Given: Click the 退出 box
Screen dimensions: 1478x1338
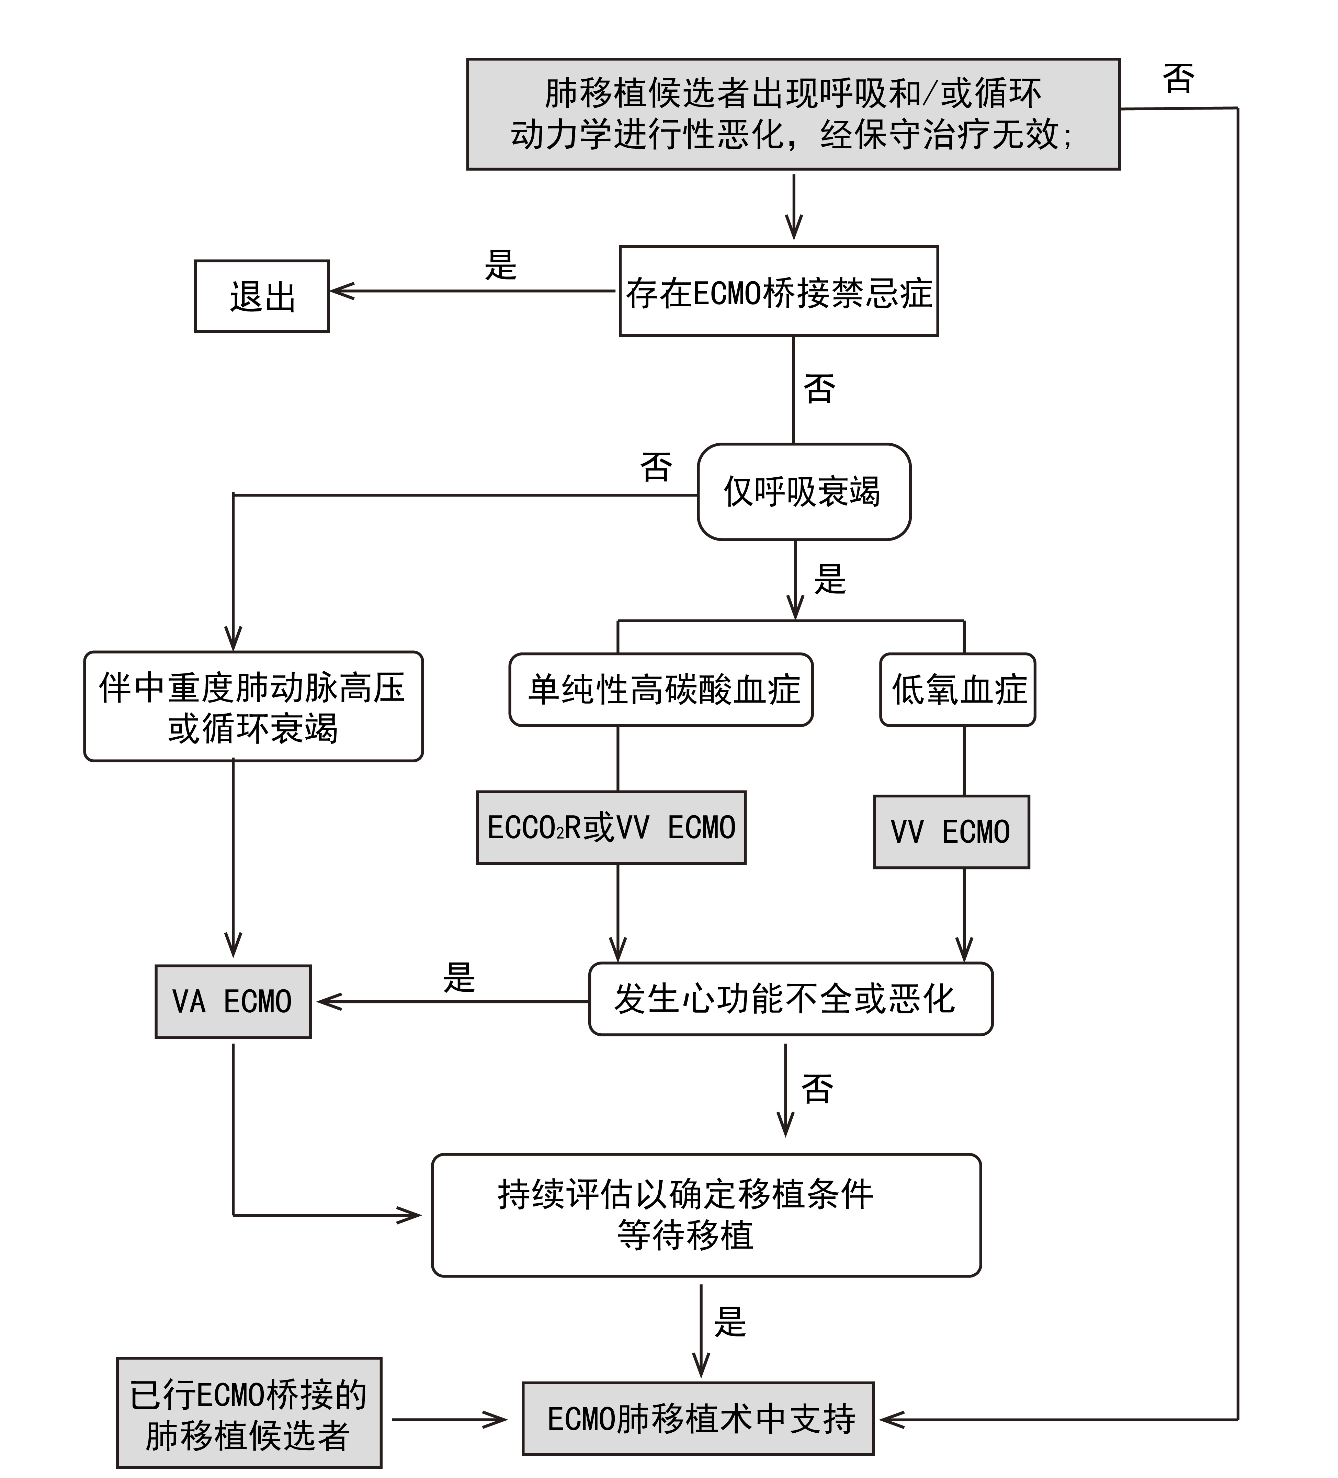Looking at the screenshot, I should point(262,296).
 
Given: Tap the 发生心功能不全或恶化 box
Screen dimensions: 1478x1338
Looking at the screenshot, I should point(790,999).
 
